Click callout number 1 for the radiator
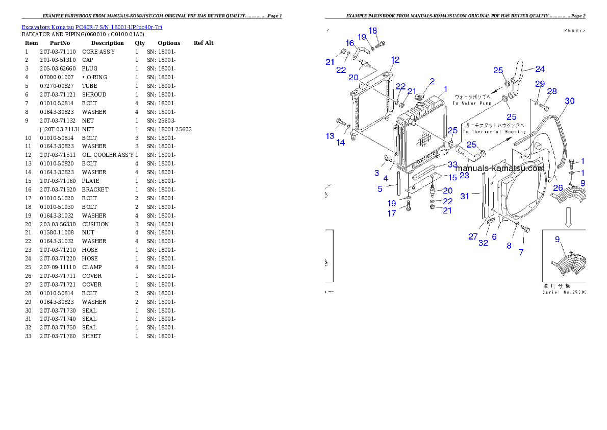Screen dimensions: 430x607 [x=445, y=89]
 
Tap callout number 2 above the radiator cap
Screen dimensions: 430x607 [x=432, y=81]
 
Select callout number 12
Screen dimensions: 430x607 [x=395, y=60]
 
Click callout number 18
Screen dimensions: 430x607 [x=373, y=31]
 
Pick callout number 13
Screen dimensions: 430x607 [x=330, y=135]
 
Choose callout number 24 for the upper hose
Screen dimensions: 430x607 [x=540, y=69]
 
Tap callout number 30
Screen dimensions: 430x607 [x=569, y=101]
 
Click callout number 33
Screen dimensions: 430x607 [x=452, y=164]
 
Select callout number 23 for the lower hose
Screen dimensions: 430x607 [x=464, y=175]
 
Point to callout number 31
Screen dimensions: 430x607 [x=464, y=196]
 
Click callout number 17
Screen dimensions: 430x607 [x=391, y=213]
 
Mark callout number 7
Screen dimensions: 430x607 [x=521, y=252]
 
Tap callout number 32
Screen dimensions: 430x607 [x=483, y=243]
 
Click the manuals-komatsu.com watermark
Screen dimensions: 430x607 [x=499, y=168]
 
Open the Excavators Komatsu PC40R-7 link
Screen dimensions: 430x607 [x=92, y=27]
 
